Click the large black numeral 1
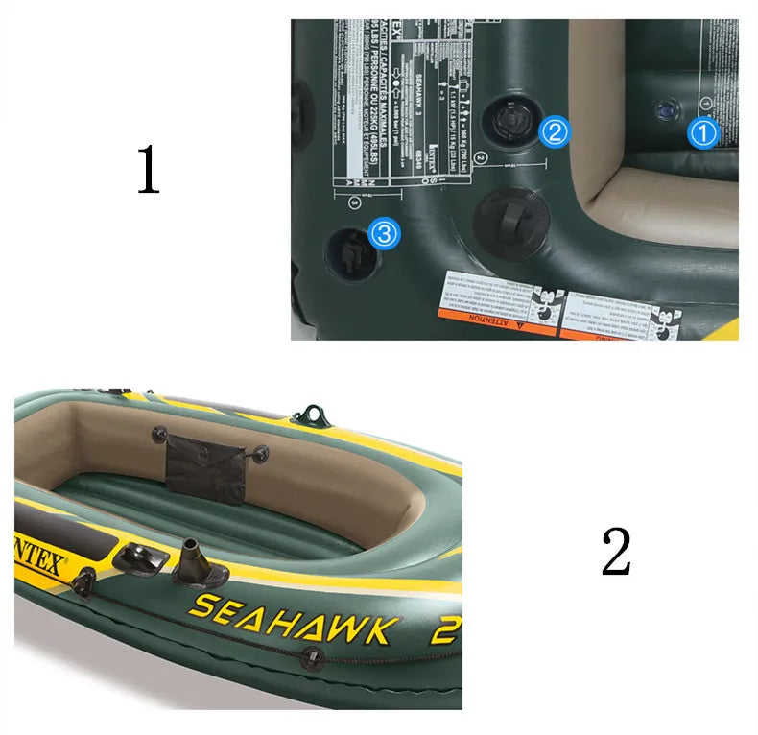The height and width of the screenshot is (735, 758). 148,171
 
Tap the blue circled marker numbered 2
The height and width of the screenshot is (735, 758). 555,131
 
